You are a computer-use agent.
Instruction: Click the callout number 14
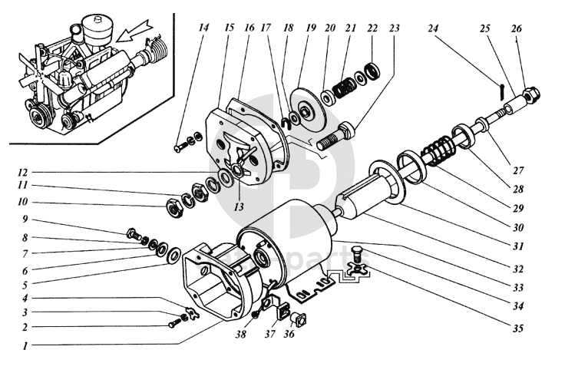point(203,28)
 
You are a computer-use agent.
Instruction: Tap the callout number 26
point(517,28)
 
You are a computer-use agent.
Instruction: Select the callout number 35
point(517,328)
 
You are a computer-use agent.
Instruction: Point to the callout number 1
point(25,346)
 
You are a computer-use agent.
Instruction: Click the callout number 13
point(239,206)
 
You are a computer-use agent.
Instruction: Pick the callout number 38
point(241,334)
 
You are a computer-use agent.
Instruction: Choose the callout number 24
point(433,28)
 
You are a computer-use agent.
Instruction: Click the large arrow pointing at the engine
point(134,31)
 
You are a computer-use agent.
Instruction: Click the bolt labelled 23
point(335,136)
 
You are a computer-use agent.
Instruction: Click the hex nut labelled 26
point(530,94)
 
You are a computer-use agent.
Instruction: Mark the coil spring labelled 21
point(343,87)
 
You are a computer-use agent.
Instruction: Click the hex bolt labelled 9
point(134,234)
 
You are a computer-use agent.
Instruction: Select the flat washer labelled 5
point(175,255)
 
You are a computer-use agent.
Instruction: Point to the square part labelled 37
point(283,312)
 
